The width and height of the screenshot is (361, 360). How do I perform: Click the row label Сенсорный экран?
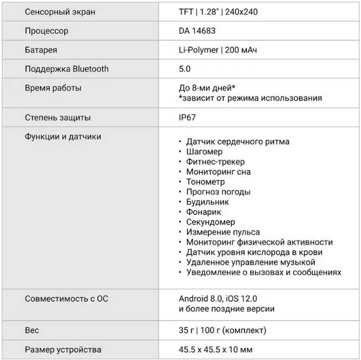(60, 12)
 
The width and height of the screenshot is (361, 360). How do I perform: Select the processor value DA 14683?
(197, 31)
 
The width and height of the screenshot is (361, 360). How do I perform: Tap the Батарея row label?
(41, 50)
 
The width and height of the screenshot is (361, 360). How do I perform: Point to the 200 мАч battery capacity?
(242, 50)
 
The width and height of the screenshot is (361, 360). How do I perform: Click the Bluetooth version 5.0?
(184, 69)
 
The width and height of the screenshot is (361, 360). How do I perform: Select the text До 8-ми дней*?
(207, 88)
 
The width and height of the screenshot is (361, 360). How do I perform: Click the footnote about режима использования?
(250, 98)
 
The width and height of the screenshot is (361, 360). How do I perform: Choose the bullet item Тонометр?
(206, 182)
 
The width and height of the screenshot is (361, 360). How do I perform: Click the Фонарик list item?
(204, 212)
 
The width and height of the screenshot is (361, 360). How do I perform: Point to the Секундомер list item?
(210, 222)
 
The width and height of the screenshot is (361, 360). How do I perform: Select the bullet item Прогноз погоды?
(218, 192)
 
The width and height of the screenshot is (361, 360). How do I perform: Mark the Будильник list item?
(207, 202)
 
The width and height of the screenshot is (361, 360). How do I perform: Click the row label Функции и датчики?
(63, 137)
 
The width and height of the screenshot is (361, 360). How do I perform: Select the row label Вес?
(32, 330)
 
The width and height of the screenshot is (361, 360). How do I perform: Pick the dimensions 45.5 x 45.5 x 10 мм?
(216, 349)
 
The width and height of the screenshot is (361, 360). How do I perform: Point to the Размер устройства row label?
(63, 349)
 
